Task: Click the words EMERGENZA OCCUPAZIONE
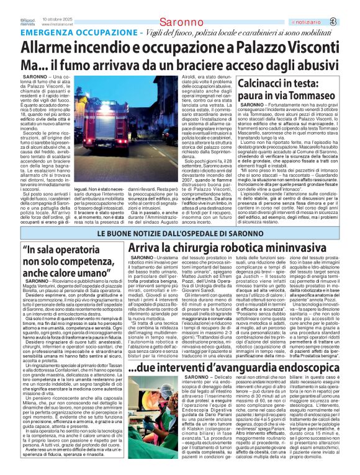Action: click(x=77, y=32)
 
